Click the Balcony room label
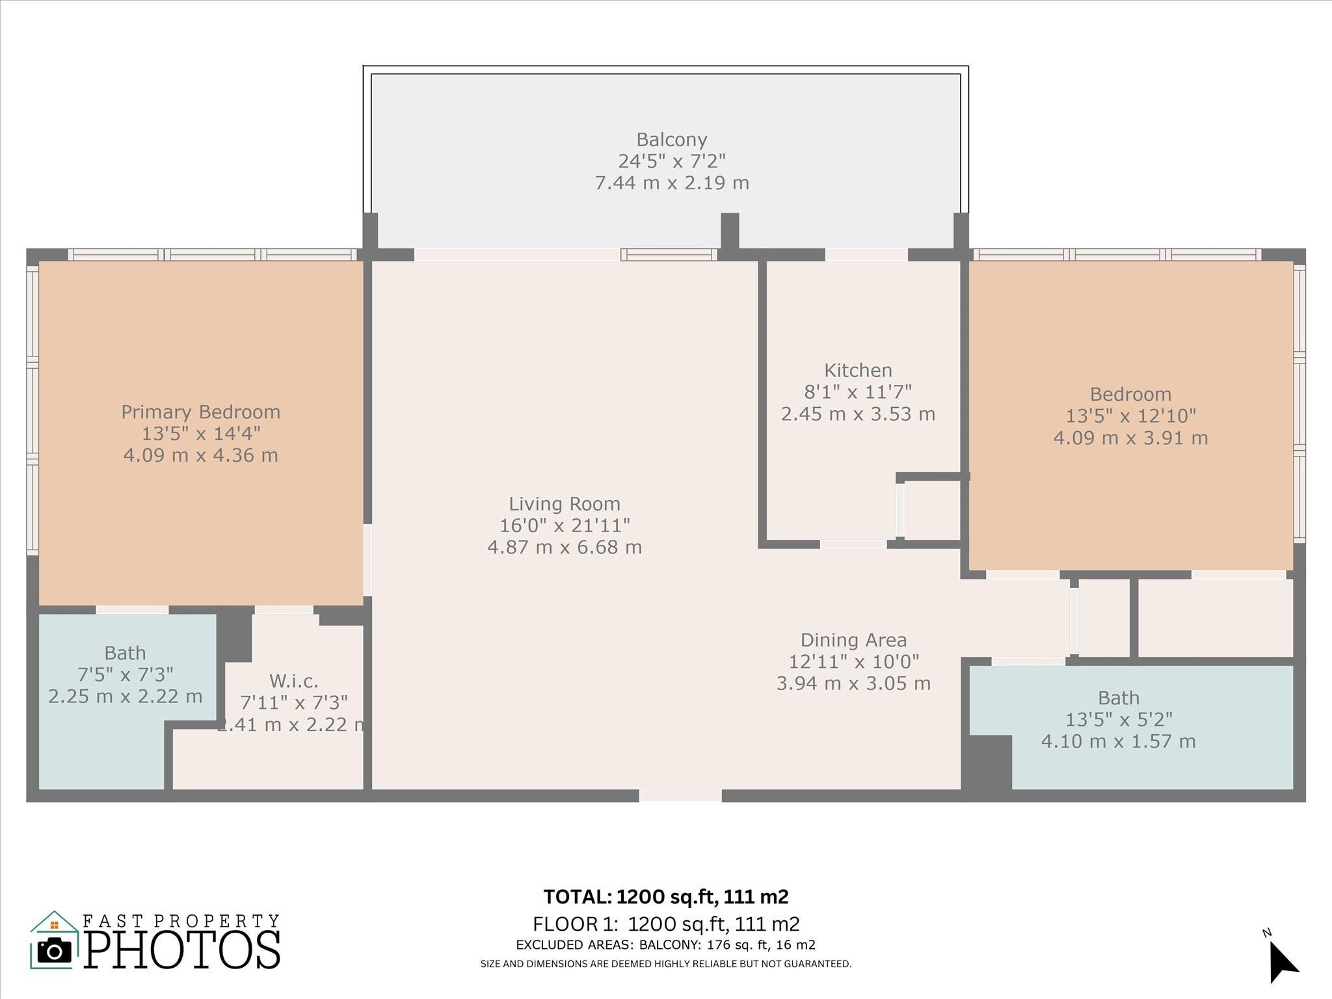coord(671,140)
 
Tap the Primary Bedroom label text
coord(200,412)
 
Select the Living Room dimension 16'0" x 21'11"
coord(565,525)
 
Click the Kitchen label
coord(858,370)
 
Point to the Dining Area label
coord(853,640)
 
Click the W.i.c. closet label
coord(294,681)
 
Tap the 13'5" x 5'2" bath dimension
coord(1119,719)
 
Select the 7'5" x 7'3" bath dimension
coord(126,674)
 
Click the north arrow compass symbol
coord(1283,963)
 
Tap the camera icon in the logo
coord(55,951)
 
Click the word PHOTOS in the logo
coord(183,950)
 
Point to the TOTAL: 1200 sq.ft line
coord(666,897)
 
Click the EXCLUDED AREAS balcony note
coord(666,945)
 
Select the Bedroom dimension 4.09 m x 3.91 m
coord(1130,438)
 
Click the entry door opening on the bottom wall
coord(680,795)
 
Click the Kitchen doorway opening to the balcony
coord(866,254)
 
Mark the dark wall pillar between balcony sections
coord(730,232)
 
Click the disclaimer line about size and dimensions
coord(666,964)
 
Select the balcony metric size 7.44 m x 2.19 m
coord(672,183)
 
